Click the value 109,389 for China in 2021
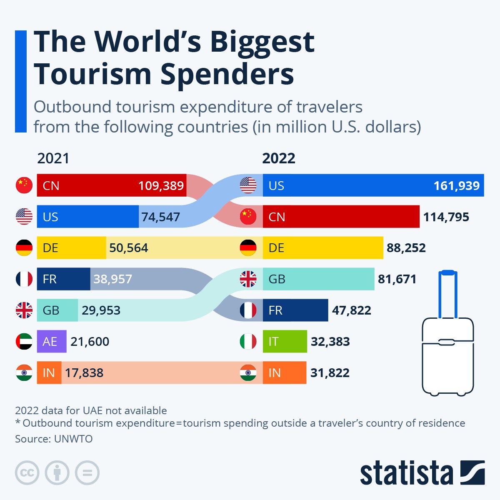161,185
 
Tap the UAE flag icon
24,342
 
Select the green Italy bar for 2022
285,342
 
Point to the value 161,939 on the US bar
456,185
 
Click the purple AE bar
51,342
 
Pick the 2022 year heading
278,158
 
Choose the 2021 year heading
53,158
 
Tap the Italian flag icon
248,342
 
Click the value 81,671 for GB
397,279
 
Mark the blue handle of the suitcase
447,273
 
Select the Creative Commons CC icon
27,473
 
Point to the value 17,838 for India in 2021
84,373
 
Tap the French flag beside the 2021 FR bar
24,279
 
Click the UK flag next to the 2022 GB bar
248,279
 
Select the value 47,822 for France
351,310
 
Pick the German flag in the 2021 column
24,248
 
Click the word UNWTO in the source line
73,439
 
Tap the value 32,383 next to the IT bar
330,342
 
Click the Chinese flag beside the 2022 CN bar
248,217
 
